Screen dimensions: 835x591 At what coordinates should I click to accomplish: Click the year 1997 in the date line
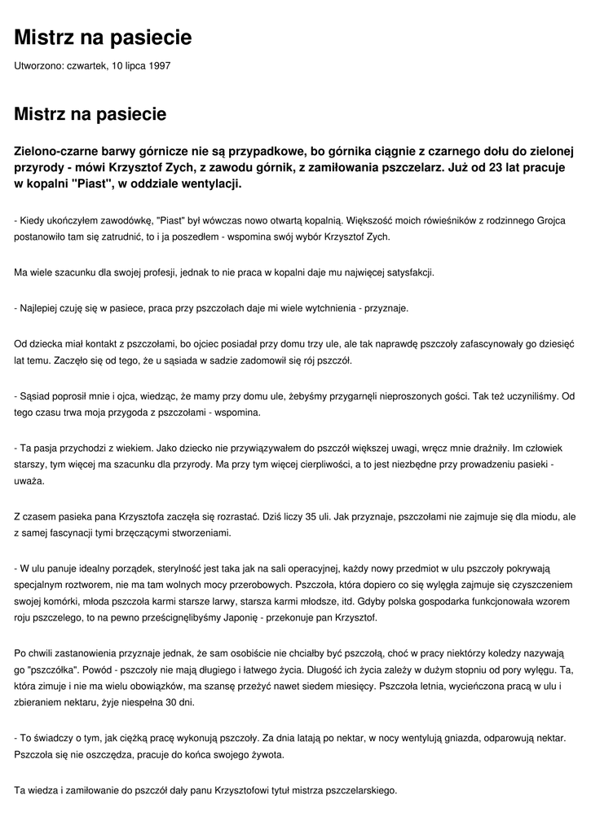point(160,65)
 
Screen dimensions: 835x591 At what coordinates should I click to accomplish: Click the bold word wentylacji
point(210,185)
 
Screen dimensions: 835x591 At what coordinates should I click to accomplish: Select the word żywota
point(265,754)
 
